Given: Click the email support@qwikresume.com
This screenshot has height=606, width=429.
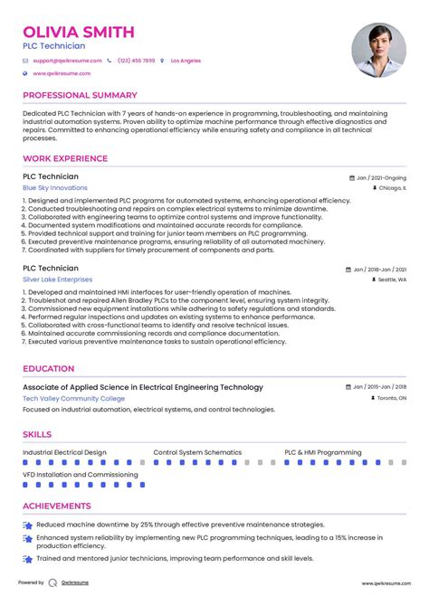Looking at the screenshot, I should [x=68, y=61].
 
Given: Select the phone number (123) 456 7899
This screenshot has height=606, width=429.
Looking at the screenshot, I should [x=137, y=61].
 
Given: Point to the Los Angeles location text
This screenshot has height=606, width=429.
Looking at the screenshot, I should [x=186, y=61].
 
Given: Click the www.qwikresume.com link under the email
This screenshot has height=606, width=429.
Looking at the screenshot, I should [x=62, y=73].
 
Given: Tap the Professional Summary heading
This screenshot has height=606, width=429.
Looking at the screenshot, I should [x=80, y=95].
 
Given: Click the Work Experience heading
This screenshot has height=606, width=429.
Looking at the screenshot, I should [x=65, y=159].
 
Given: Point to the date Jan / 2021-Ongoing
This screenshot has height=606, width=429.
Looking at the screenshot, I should [x=381, y=178].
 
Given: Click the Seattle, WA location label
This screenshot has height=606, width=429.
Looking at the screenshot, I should [x=392, y=280].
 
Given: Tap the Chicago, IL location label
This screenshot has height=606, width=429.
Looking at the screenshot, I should [x=391, y=189].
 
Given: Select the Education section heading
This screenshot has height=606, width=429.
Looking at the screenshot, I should [x=49, y=369].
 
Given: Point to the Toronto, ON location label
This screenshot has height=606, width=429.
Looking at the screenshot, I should [x=391, y=398].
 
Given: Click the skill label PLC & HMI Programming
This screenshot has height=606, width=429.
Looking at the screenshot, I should [x=323, y=452].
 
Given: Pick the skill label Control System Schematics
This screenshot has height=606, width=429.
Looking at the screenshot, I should [x=197, y=452].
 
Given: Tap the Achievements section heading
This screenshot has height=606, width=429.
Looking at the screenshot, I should [x=57, y=507].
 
